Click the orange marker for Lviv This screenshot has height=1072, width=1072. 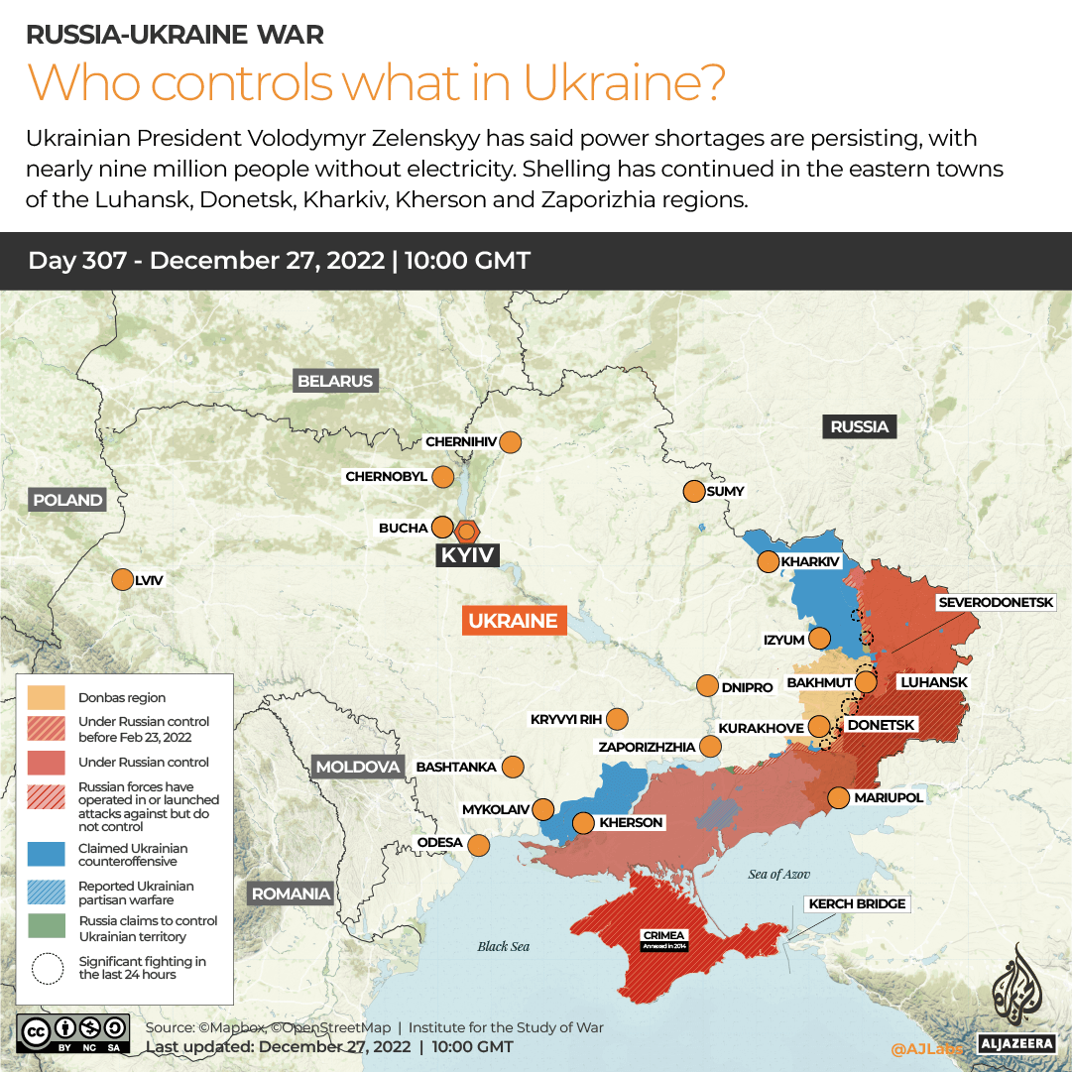coord(122,580)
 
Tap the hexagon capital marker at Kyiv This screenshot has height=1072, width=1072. coord(466,531)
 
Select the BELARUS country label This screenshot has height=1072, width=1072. coord(335,381)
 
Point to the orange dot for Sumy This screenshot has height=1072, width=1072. coord(693,491)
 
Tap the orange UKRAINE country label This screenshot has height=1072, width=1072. coord(513,621)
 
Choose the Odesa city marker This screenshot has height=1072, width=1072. coord(479,845)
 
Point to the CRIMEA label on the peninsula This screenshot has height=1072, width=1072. coord(663,935)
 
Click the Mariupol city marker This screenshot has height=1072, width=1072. coord(838,797)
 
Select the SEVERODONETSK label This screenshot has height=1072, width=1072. coord(1003,602)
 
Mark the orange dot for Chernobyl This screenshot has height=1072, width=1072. coord(442,477)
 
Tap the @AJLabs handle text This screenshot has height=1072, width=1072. coord(926,1047)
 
